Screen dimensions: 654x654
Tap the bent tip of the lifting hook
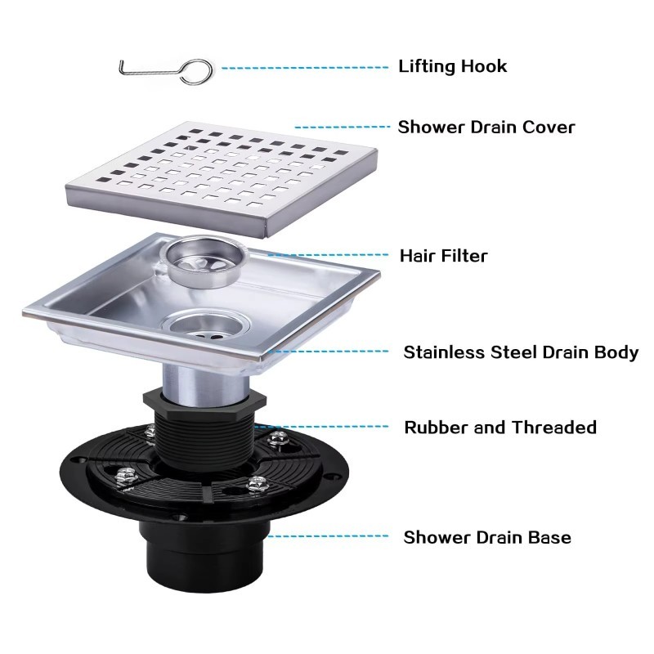coord(121,63)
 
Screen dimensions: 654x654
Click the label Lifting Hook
coord(453,66)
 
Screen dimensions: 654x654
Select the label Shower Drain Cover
coord(486,128)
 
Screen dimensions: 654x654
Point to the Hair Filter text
coord(443,256)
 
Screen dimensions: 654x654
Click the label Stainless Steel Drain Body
coord(521,352)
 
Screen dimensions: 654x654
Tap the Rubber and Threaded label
coord(500,428)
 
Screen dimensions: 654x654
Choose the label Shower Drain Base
coord(487,537)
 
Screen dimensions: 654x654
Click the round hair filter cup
coord(206,262)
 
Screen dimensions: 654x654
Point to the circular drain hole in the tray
coord(207,325)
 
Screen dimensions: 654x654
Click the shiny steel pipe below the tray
coord(205,383)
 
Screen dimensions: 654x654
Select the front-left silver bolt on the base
coord(126,475)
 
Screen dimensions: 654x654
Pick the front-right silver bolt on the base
coord(257,484)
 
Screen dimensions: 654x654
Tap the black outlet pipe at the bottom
coord(205,559)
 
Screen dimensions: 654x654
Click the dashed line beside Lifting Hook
coord(305,68)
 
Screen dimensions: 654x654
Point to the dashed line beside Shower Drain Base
coord(328,536)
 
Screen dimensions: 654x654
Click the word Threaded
coord(554,428)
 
